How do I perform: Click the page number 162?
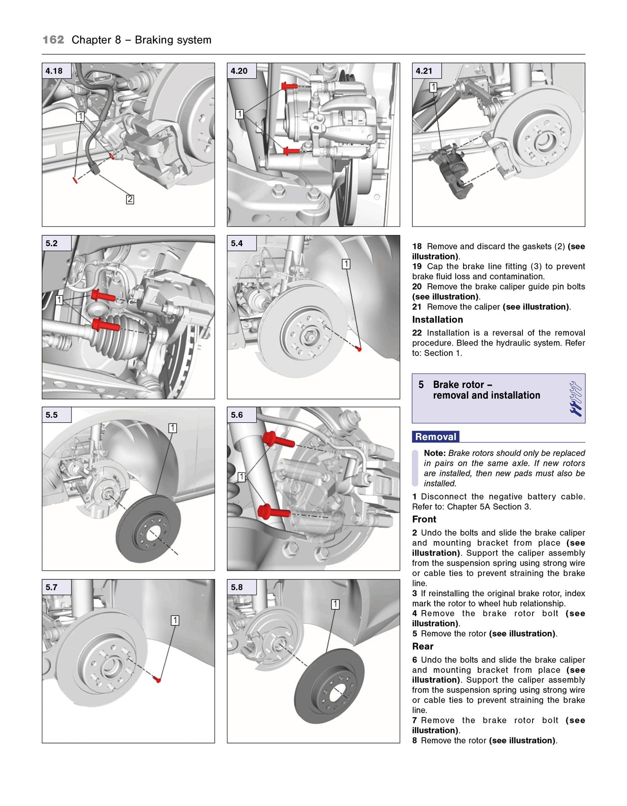[x=53, y=40]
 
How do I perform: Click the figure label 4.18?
[x=54, y=71]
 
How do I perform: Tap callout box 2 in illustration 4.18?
[x=130, y=199]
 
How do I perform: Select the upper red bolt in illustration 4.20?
[x=290, y=86]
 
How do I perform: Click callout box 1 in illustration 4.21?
[x=433, y=87]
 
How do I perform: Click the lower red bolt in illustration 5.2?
[x=104, y=325]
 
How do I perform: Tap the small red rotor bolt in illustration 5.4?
[x=359, y=348]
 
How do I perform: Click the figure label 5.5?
[x=52, y=415]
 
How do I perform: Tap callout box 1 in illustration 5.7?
[x=175, y=620]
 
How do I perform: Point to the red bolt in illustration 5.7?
[x=157, y=679]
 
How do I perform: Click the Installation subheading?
[x=437, y=320]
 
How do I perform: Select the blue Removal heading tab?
[x=436, y=437]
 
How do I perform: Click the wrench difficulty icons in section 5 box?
[x=576, y=398]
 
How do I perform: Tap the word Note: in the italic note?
[x=435, y=453]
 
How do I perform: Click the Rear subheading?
[x=423, y=646]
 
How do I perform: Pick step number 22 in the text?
[x=417, y=333]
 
